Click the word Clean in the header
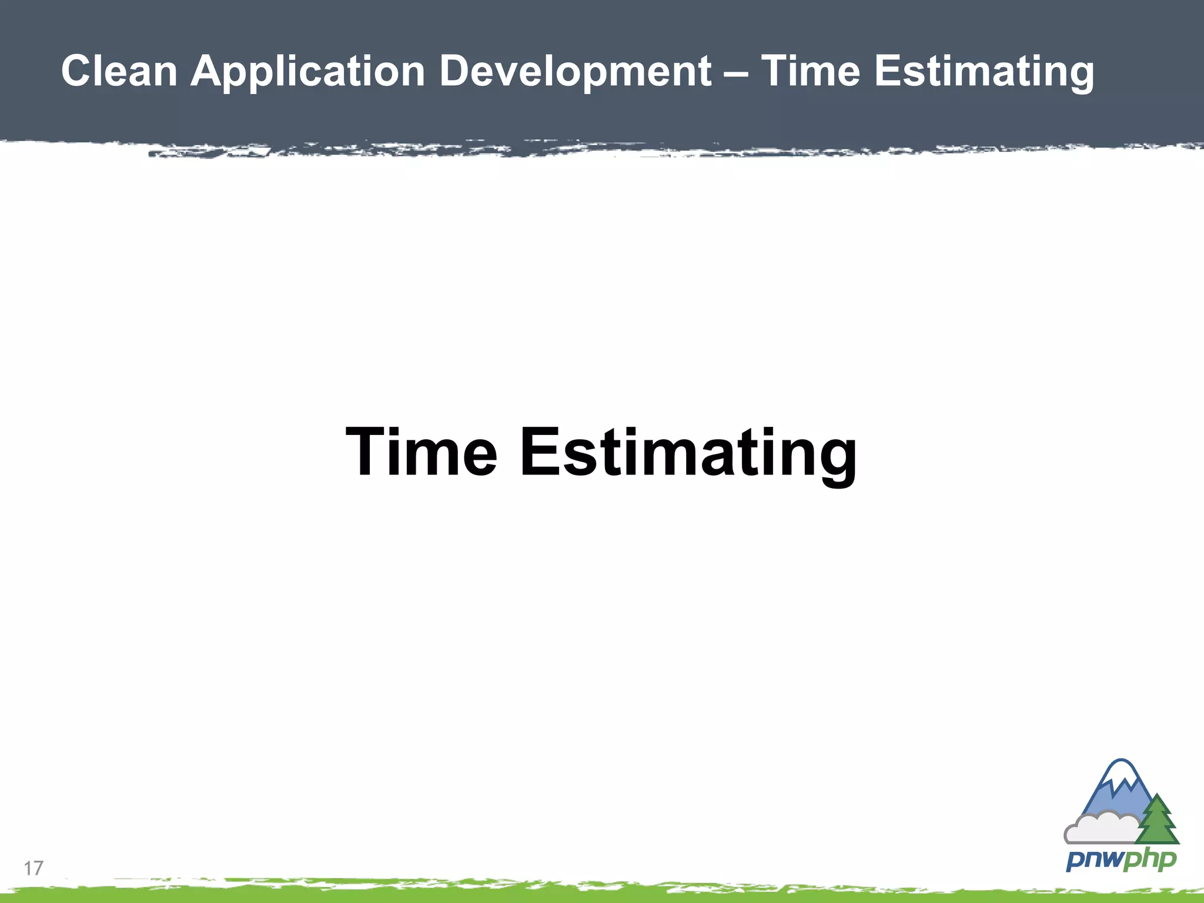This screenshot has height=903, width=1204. click(x=119, y=71)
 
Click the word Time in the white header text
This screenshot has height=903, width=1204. click(x=811, y=71)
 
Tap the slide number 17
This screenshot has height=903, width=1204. click(x=34, y=868)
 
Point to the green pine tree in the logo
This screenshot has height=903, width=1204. click(x=1158, y=821)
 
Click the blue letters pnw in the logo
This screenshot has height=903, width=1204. click(x=1094, y=860)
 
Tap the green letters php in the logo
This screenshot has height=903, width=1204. click(x=1150, y=860)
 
